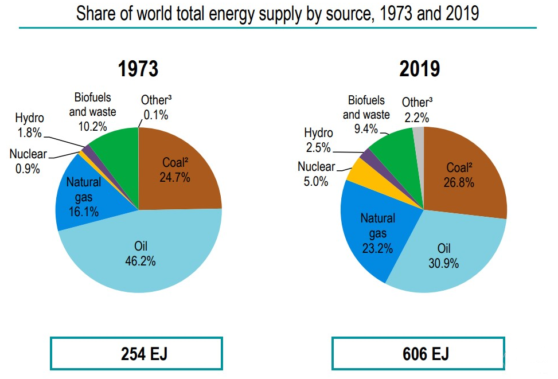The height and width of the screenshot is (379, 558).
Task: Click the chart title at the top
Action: pos(278,13)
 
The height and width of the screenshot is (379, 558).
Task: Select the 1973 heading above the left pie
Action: pos(138,69)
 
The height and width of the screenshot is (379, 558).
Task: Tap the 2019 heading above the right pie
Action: pos(420,69)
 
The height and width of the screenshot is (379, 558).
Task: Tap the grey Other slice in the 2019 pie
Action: pos(418,138)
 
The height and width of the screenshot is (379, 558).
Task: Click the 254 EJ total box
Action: pos(136,354)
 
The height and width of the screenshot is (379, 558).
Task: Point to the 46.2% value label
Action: pos(141,260)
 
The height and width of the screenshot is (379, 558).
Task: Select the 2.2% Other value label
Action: pos(417,117)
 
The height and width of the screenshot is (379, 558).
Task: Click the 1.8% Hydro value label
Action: pos(29,132)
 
